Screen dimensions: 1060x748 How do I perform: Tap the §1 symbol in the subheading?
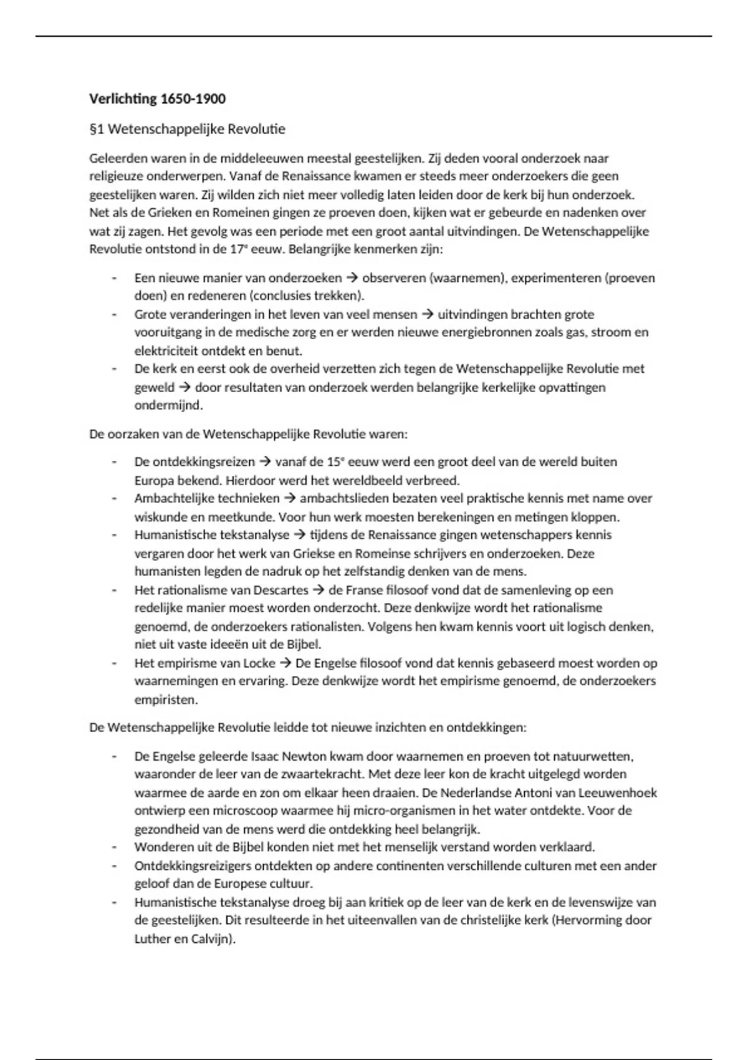(x=97, y=129)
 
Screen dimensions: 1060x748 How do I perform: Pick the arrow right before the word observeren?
(x=352, y=277)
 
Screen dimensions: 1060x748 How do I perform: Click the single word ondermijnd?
(x=168, y=405)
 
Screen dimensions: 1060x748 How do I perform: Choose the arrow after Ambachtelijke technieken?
(x=290, y=498)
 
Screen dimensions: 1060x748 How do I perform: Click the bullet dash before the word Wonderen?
(x=114, y=847)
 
